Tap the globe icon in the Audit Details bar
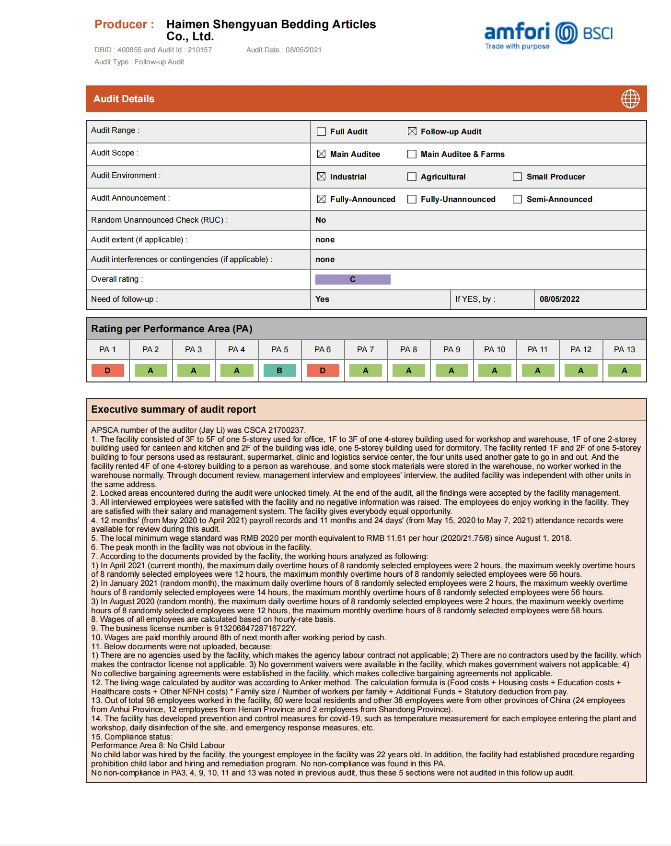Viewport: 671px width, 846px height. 630,99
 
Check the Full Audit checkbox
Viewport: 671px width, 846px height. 322,131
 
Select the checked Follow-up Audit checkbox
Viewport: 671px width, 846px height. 412,131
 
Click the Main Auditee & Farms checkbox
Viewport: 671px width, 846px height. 412,154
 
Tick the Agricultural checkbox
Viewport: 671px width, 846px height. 412,177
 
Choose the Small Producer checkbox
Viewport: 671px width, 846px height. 518,177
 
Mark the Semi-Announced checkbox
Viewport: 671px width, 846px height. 518,199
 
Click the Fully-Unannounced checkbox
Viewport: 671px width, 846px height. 412,199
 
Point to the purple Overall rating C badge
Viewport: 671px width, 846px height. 353,279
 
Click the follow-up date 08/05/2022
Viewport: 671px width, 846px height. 559,299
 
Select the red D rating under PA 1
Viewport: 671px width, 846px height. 107,370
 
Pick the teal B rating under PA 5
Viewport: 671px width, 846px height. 279,370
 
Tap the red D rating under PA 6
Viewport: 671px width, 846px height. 323,370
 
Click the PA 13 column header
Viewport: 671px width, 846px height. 624,349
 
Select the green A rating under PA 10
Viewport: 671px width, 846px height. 495,370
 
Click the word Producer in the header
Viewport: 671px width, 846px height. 121,24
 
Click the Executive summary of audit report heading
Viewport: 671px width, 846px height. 174,409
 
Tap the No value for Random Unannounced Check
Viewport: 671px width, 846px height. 321,220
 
